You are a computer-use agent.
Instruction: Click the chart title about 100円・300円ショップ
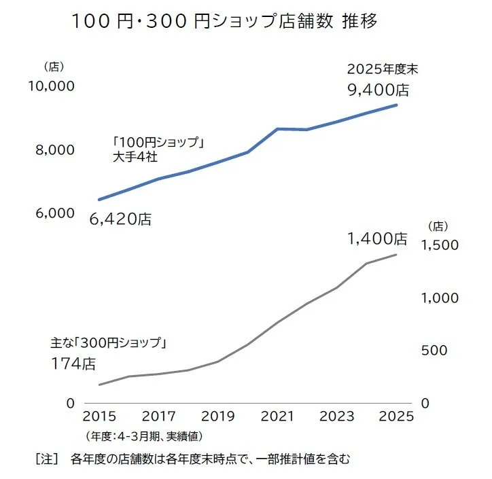pyautogui.click(x=224, y=21)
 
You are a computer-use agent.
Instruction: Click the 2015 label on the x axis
pyautogui.click(x=99, y=416)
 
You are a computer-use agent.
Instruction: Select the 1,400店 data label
pyautogui.click(x=377, y=238)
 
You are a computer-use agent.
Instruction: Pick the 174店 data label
pyautogui.click(x=73, y=363)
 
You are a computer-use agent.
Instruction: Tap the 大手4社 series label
pyautogui.click(x=136, y=158)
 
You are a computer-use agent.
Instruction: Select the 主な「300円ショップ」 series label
pyautogui.click(x=109, y=342)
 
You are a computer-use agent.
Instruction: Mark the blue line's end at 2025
pyautogui.click(x=396, y=105)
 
